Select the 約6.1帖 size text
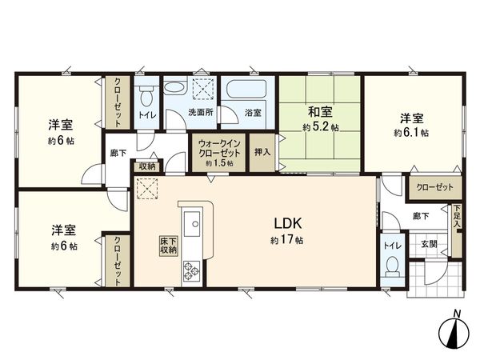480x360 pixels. (x=410, y=133)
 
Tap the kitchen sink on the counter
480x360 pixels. (x=192, y=226)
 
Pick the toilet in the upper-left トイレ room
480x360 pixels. (x=146, y=97)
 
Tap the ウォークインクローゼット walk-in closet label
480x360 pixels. (x=218, y=149)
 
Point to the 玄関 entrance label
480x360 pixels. (x=428, y=244)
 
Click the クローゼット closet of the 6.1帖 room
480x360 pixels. (x=435, y=187)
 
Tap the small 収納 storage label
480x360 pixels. (x=146, y=166)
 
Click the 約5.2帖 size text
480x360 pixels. (x=318, y=126)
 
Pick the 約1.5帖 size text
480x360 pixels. (x=218, y=163)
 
